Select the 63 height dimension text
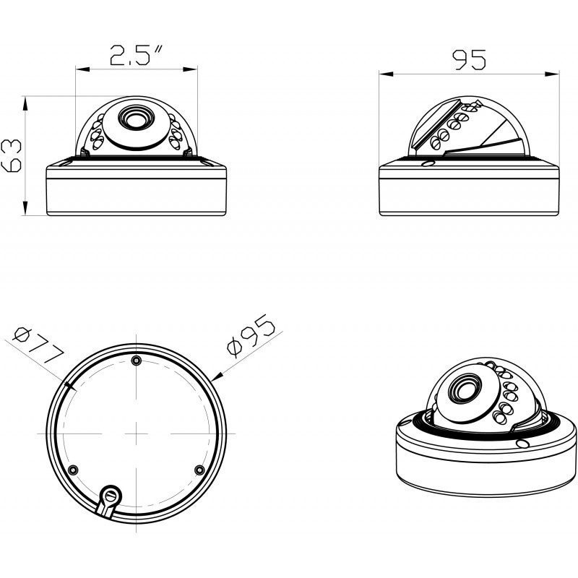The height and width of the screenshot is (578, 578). pyautogui.click(x=11, y=155)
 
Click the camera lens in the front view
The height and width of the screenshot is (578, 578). pyautogui.click(x=135, y=116)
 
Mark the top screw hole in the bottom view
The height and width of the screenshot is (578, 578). pyautogui.click(x=137, y=361)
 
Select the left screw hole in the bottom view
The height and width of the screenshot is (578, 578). pyautogui.click(x=71, y=470)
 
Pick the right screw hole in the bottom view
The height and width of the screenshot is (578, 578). pyautogui.click(x=199, y=470)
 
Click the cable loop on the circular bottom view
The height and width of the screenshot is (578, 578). pyautogui.click(x=109, y=496)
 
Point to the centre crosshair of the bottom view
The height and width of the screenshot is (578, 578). pyautogui.click(x=137, y=432)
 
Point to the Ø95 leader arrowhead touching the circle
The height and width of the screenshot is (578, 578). pyautogui.click(x=217, y=375)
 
